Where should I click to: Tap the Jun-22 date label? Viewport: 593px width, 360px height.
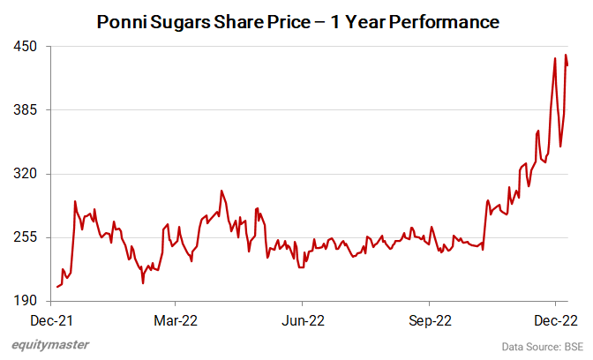coord(302,319)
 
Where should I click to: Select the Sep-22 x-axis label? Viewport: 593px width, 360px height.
coord(429,319)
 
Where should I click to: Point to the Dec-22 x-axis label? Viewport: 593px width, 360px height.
coord(554,319)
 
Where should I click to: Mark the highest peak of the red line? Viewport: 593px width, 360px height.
coord(566,55)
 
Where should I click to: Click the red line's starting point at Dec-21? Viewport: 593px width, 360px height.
coord(56,287)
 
